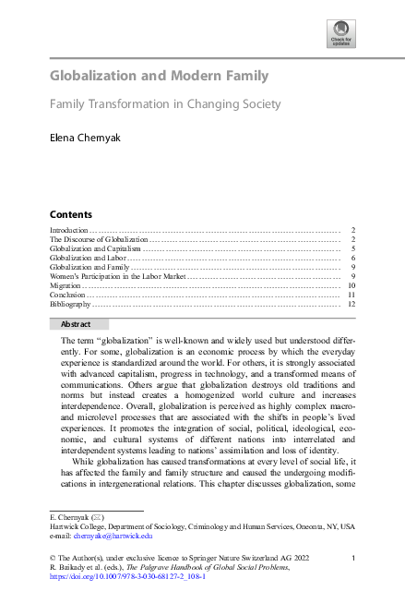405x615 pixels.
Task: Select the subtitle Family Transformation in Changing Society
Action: click(165, 105)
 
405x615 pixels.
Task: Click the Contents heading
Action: click(70, 213)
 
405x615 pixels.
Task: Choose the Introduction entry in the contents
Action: click(68, 229)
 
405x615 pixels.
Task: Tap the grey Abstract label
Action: click(77, 324)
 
